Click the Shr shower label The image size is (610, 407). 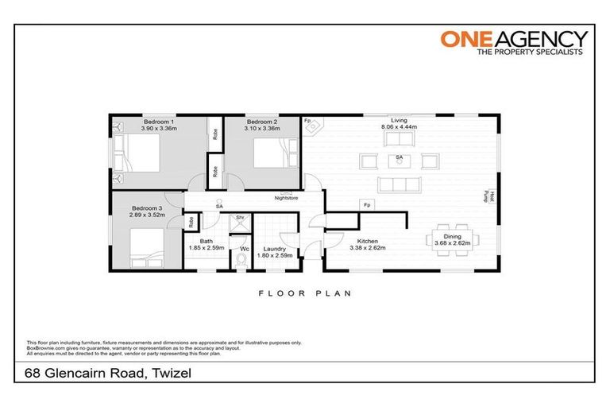point(238,217)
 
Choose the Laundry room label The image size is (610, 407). point(275,249)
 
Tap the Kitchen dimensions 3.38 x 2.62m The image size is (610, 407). point(367,248)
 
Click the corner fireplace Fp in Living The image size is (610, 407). point(312,126)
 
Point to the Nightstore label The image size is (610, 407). point(285,198)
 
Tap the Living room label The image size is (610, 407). point(399,120)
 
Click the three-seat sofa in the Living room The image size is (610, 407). point(399,185)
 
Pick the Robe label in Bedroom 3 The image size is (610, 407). point(191,222)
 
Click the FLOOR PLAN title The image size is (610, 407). point(304,293)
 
